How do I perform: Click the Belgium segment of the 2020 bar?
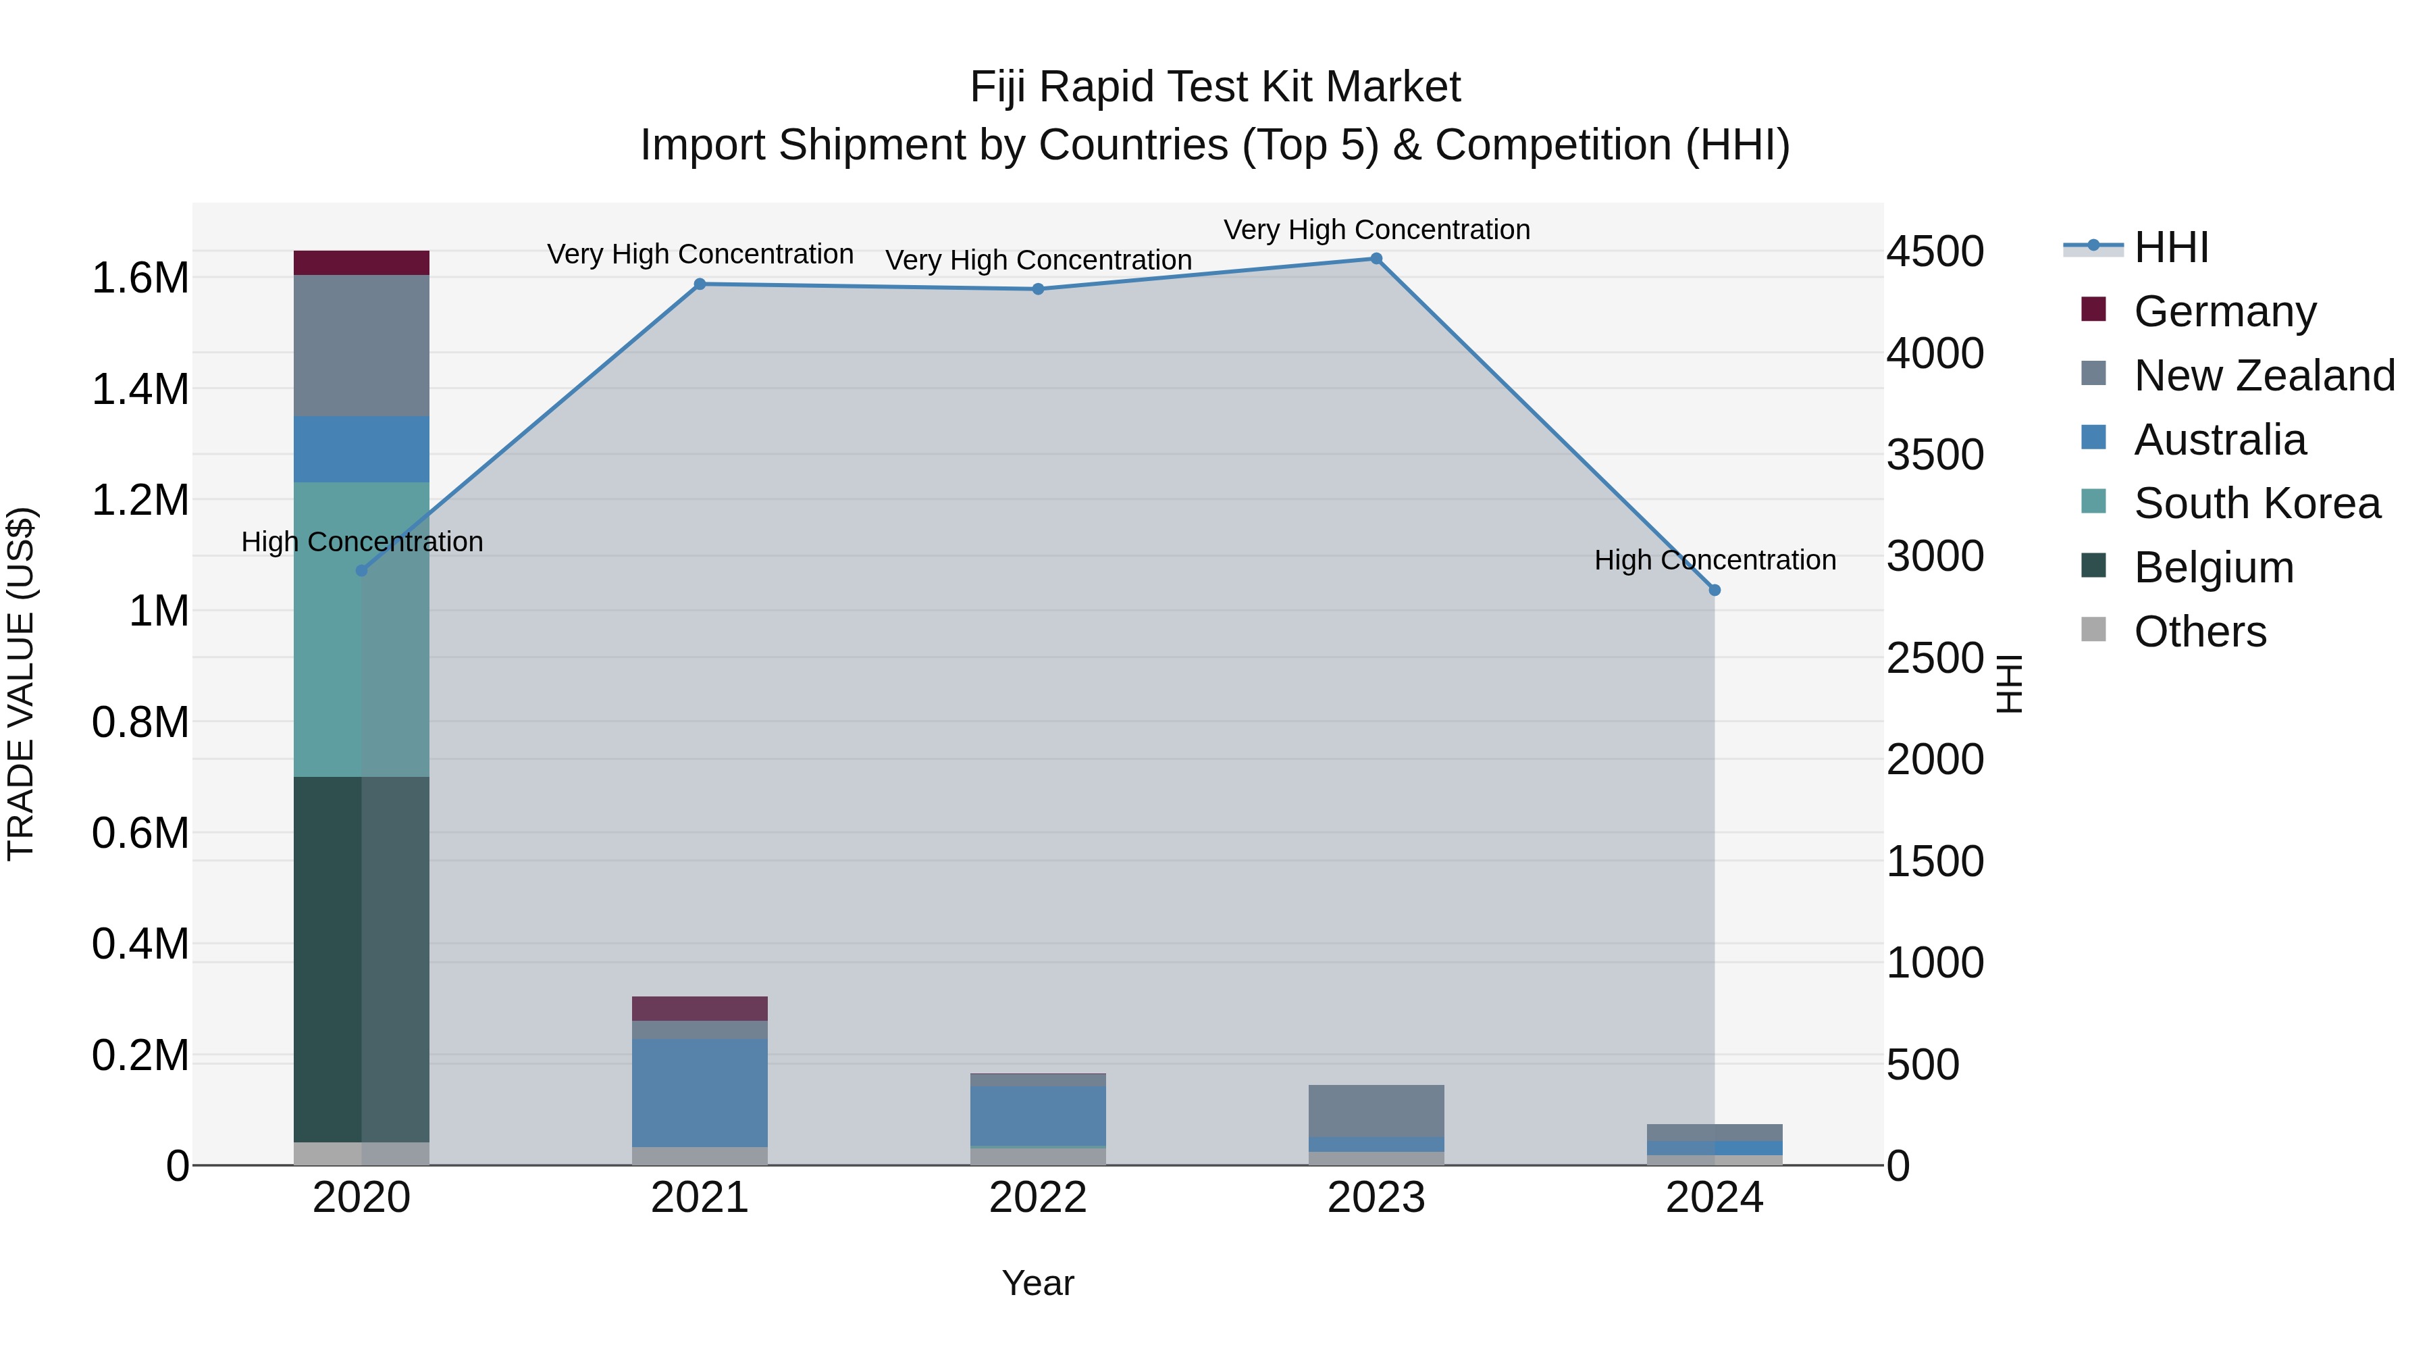click(361, 958)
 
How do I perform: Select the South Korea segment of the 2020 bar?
click(361, 629)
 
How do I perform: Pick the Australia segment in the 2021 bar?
click(700, 1092)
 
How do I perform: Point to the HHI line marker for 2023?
click(1376, 259)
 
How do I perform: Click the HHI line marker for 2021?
click(700, 284)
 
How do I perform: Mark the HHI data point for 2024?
click(1715, 590)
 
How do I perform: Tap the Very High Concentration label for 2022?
click(1038, 259)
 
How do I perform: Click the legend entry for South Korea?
click(2255, 503)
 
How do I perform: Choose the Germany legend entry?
click(2224, 311)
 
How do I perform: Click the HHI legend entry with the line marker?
click(2170, 247)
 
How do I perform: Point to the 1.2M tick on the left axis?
click(140, 501)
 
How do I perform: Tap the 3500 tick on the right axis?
click(1935, 455)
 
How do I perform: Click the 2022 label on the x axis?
click(1038, 1198)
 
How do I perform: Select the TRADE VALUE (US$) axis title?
click(21, 684)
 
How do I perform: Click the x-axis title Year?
click(1038, 1283)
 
